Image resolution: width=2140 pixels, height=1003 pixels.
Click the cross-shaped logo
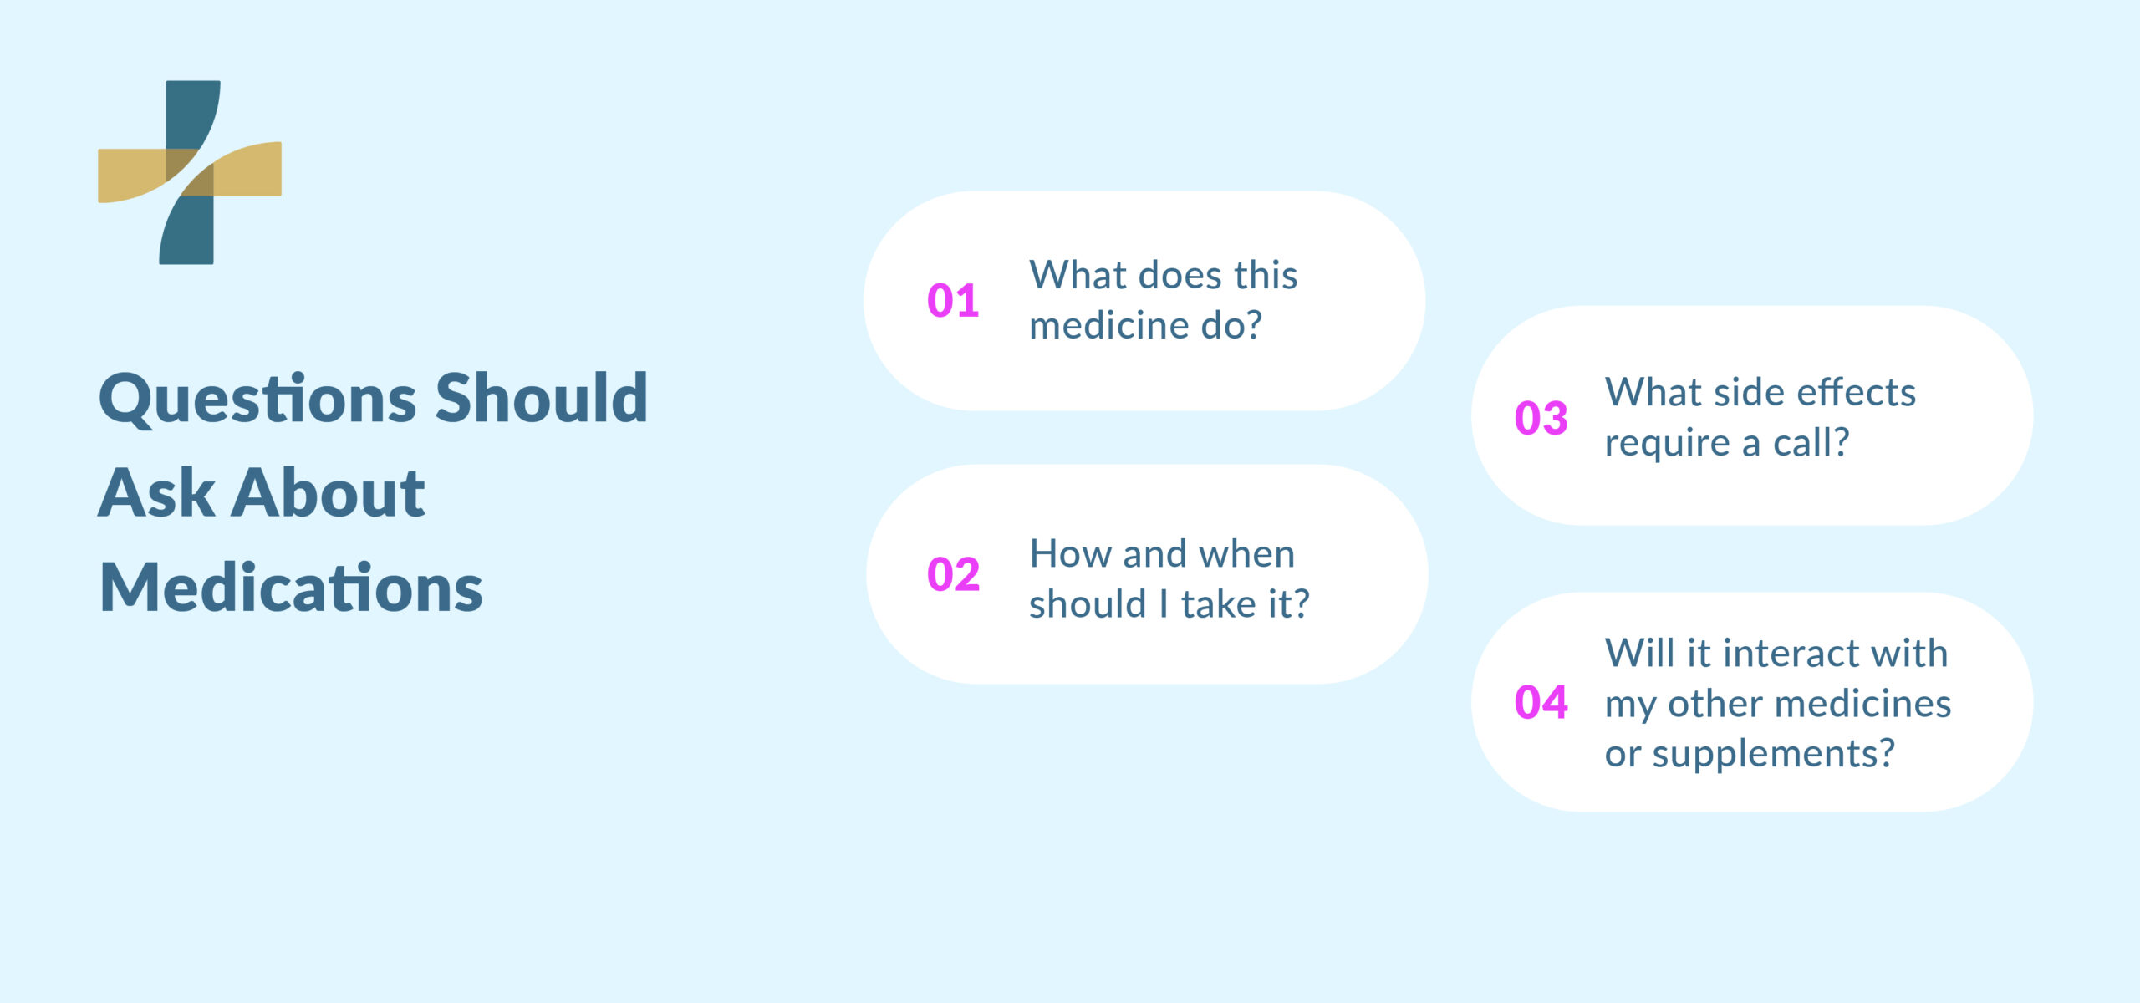[190, 172]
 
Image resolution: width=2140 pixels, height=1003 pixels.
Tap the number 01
[953, 301]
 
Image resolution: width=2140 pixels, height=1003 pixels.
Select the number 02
[953, 574]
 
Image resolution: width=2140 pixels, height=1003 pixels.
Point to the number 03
[1541, 418]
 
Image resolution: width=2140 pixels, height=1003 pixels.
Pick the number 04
[1541, 702]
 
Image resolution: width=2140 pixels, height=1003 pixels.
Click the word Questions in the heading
[257, 399]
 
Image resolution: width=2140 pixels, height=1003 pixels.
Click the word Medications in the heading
[291, 588]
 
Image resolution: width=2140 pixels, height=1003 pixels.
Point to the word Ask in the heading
[157, 493]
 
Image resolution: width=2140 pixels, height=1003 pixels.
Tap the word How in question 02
[1067, 554]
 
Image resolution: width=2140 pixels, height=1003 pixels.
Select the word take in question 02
[1217, 604]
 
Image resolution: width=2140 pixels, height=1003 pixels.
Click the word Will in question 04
[1639, 654]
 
